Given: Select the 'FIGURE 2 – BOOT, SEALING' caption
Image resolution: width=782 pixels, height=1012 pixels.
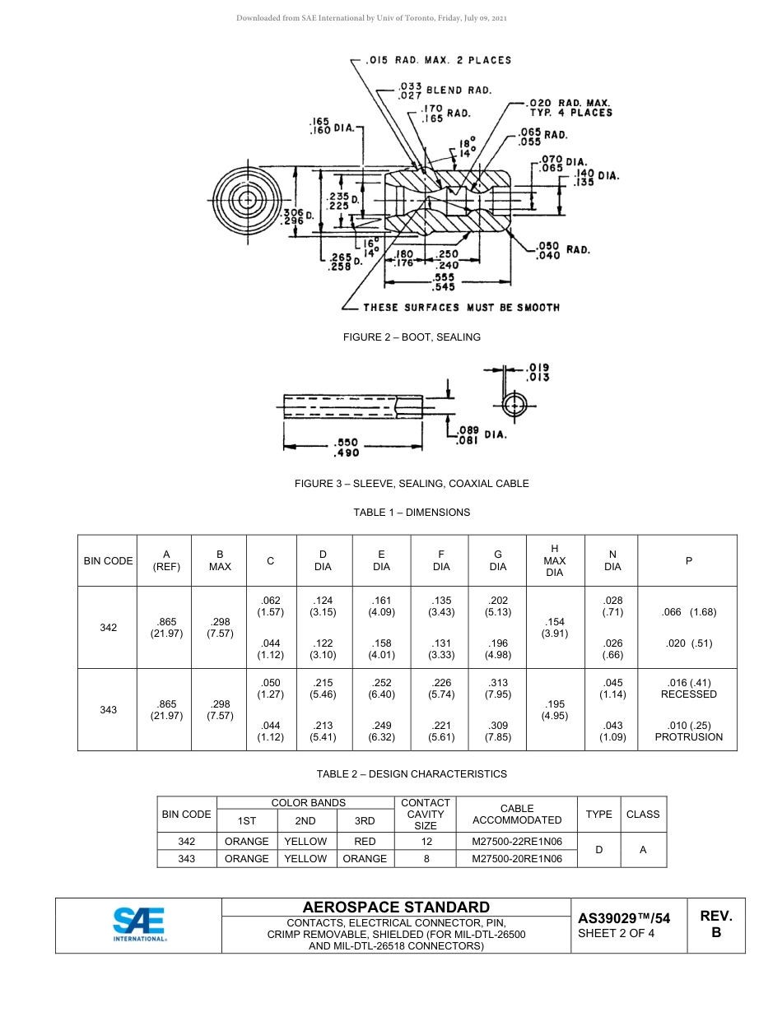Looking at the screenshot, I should [412, 337].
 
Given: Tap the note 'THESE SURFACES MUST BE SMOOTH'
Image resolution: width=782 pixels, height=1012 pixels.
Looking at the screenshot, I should [461, 307].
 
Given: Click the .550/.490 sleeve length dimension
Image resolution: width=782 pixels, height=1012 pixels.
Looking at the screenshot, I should [346, 448].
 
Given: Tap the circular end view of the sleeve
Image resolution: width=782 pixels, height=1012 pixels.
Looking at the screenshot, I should [514, 405].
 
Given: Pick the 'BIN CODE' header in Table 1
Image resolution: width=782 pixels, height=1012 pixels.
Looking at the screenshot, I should [108, 560].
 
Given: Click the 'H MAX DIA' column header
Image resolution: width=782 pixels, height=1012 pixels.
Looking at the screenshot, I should [555, 560].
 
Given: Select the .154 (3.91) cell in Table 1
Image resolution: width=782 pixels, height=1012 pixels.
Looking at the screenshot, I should [555, 627].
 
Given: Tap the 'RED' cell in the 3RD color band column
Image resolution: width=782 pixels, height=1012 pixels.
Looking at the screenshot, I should [365, 841].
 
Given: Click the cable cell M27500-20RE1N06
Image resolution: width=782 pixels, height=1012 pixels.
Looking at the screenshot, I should [517, 858].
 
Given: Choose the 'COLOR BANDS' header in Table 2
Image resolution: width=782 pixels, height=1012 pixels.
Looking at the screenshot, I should [308, 802].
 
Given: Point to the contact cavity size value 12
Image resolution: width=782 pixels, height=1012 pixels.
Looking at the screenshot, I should [426, 841].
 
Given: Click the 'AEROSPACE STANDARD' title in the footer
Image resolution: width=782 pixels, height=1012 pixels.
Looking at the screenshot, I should [396, 907].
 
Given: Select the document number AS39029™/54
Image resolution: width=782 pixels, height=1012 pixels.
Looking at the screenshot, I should [624, 918].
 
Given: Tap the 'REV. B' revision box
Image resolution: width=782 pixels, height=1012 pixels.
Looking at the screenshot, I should [716, 925].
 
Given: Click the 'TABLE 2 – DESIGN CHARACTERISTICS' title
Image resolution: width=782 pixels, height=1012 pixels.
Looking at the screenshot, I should [412, 773].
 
